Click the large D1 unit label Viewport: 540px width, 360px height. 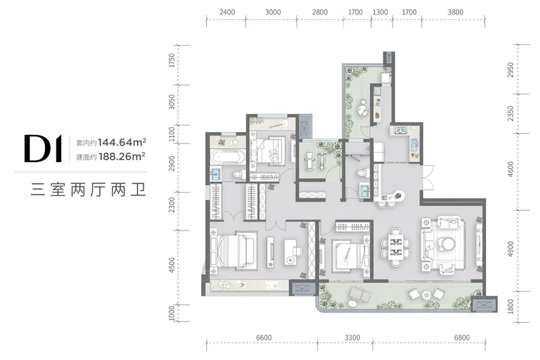click(x=43, y=148)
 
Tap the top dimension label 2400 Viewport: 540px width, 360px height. click(x=227, y=13)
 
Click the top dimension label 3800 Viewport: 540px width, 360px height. click(x=455, y=13)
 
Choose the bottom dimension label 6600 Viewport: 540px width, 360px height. click(x=264, y=338)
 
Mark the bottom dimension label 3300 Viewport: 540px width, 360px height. click(x=352, y=338)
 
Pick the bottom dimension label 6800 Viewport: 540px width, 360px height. click(x=462, y=338)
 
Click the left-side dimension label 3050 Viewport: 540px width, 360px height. click(x=172, y=102)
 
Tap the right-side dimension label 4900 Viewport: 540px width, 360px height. click(x=511, y=249)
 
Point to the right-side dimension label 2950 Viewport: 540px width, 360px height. click(x=511, y=70)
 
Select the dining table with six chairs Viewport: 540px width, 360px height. click(x=396, y=247)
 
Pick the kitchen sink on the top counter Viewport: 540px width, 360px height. click(x=401, y=130)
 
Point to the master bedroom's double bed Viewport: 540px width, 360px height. click(x=232, y=250)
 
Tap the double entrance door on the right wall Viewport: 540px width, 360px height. click(x=428, y=177)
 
